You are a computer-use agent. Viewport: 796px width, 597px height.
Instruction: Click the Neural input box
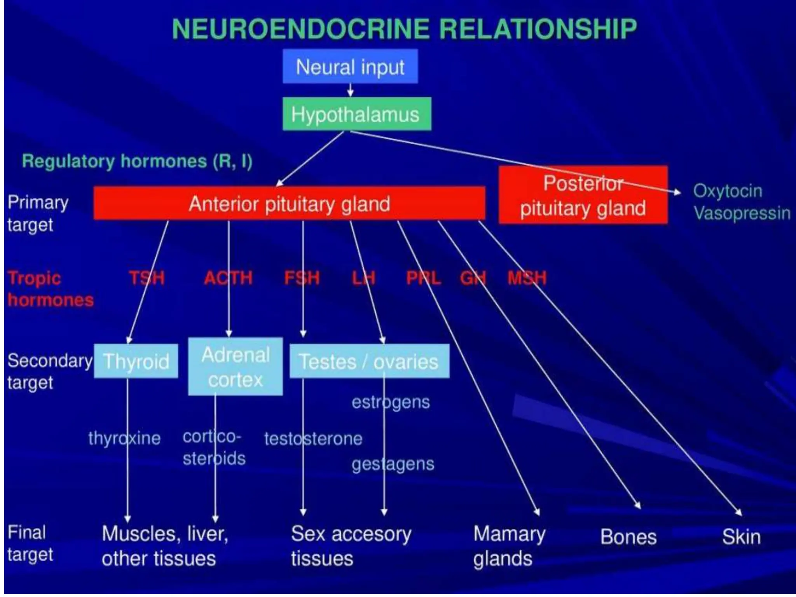(x=350, y=66)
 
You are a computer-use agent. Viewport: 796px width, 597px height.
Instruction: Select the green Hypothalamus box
(x=356, y=114)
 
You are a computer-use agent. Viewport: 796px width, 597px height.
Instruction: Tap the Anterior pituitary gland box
(x=289, y=204)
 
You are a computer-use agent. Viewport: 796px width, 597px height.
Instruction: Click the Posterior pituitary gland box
(x=583, y=196)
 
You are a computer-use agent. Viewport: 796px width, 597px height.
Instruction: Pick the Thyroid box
(x=136, y=361)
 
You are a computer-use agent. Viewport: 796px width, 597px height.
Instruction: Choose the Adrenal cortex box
(x=236, y=367)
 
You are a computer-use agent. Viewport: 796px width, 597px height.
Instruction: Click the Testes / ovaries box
(x=369, y=361)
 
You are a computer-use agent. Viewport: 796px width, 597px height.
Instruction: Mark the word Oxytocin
(x=727, y=191)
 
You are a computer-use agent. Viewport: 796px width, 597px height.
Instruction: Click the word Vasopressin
(x=742, y=213)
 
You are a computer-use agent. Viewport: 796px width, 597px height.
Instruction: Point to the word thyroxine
(x=124, y=438)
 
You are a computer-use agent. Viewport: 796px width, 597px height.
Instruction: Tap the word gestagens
(x=393, y=464)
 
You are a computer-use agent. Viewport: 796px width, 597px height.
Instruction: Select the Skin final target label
(x=741, y=537)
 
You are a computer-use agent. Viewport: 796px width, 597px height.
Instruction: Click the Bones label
(x=628, y=537)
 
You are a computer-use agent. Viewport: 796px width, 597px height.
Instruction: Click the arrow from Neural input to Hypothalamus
(x=350, y=90)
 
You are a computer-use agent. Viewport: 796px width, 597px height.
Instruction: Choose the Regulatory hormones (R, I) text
(x=137, y=161)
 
